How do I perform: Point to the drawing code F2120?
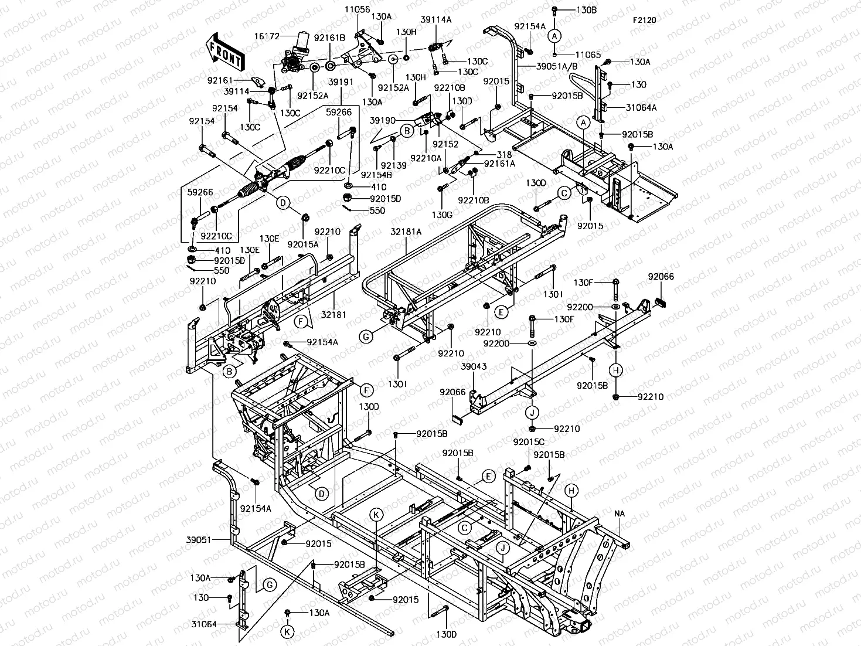click(x=644, y=20)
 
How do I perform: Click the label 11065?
click(x=587, y=55)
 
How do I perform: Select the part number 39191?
click(x=341, y=82)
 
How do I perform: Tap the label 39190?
click(x=382, y=120)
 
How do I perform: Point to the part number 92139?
click(x=393, y=166)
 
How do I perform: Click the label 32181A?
click(x=406, y=232)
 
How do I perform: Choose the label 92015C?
click(x=529, y=441)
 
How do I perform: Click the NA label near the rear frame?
click(x=620, y=514)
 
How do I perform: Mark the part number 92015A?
click(x=303, y=244)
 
